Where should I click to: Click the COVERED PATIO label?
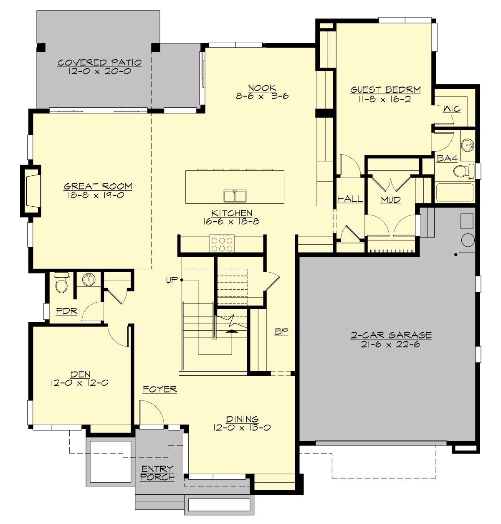[x=99, y=63]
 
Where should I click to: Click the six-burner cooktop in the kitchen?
[x=222, y=243]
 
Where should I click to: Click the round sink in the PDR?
[x=88, y=279]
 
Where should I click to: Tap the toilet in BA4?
[x=463, y=171]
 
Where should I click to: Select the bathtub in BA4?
[x=455, y=192]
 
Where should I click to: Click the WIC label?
[x=451, y=109]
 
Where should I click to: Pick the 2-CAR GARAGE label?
[x=391, y=335]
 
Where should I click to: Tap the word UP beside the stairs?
[x=172, y=280]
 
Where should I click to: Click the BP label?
[x=281, y=332]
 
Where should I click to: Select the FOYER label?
[x=160, y=389]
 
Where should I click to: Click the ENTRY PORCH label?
[x=157, y=473]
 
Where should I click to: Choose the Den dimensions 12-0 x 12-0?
[x=80, y=383]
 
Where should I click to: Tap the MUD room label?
[x=390, y=200]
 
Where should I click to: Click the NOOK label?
[x=262, y=88]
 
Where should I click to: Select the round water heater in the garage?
[x=468, y=240]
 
